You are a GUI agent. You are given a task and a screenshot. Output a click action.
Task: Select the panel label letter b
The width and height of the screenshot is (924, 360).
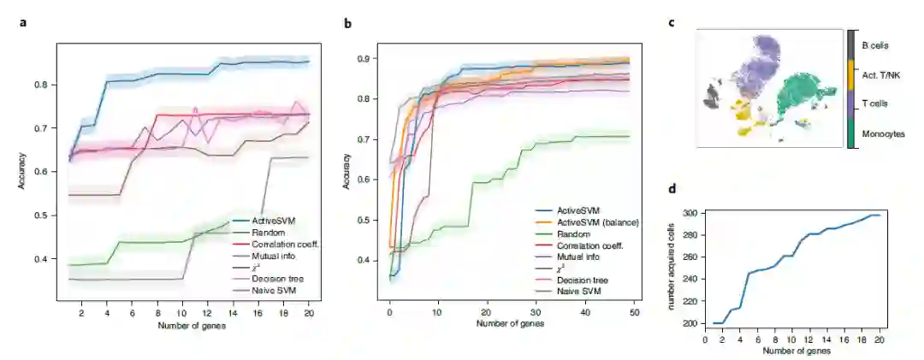[347, 24]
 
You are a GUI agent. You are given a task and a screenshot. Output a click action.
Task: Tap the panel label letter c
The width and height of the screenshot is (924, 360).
[671, 24]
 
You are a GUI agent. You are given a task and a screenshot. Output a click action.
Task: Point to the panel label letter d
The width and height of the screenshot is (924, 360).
[671, 189]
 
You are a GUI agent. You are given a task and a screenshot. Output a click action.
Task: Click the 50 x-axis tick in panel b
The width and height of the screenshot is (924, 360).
[635, 314]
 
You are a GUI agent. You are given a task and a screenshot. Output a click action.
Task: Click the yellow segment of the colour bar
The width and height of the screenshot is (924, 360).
[850, 74]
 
